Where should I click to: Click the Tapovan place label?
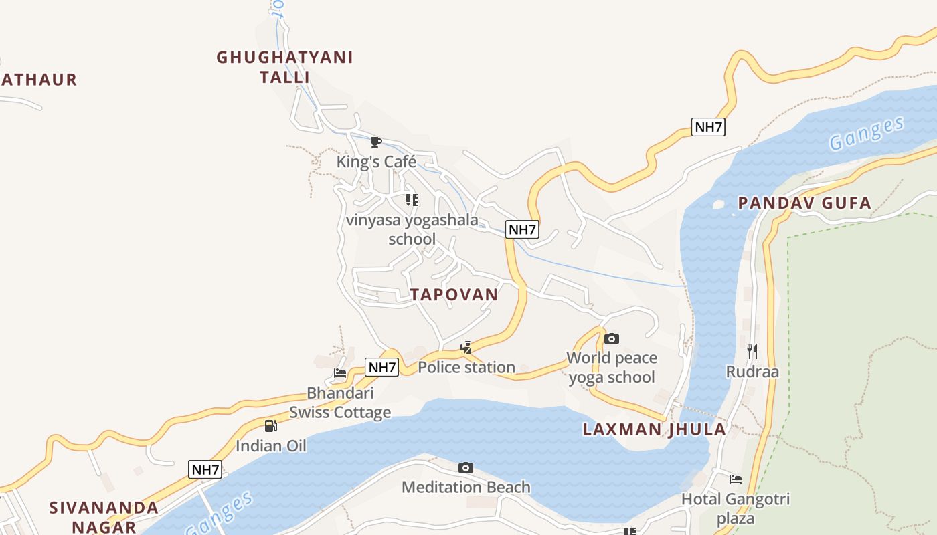tap(454, 294)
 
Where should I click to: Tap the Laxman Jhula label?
tap(654, 429)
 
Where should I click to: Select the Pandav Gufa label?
tap(804, 203)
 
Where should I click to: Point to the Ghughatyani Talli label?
tap(284, 66)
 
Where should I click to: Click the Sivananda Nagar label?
tap(104, 516)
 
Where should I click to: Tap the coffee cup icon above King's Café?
tap(376, 142)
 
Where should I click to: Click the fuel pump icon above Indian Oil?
tap(270, 426)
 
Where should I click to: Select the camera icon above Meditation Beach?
tap(466, 467)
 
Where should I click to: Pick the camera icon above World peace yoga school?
tap(611, 338)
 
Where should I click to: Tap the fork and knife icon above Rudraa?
tap(752, 351)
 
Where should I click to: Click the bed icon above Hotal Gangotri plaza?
tap(736, 479)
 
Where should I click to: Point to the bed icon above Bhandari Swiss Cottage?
tap(340, 373)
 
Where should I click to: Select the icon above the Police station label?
tap(466, 347)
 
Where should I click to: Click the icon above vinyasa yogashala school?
tap(412, 199)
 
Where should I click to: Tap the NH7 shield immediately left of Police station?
tap(382, 366)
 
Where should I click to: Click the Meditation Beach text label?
tap(466, 487)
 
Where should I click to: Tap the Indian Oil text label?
tap(270, 445)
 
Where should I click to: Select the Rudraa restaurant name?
tap(752, 372)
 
